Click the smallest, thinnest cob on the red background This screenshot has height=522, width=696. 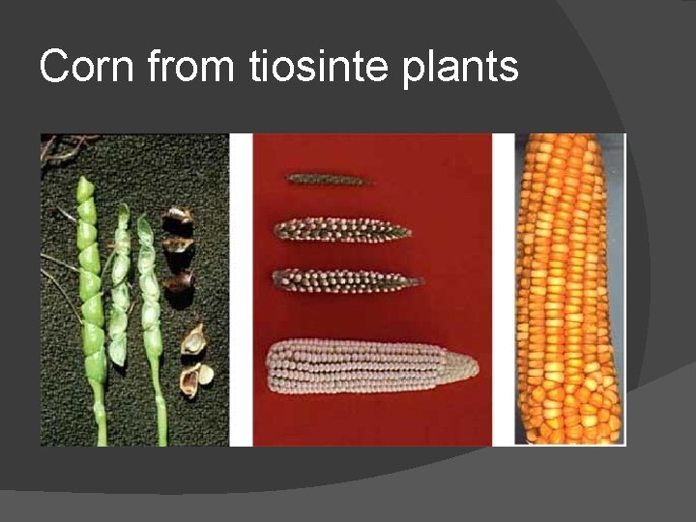(x=329, y=179)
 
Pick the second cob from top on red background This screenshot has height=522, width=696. (x=341, y=230)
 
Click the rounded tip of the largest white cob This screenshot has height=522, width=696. (x=472, y=365)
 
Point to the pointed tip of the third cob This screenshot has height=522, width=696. (x=418, y=282)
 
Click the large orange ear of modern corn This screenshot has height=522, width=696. (x=568, y=290)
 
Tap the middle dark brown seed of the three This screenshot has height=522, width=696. (x=179, y=246)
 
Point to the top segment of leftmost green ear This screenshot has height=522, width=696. (x=85, y=188)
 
